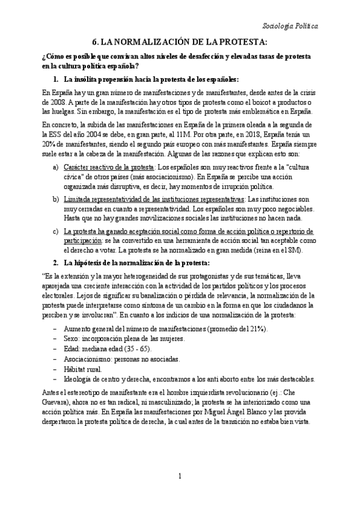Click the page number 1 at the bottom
[180, 494]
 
